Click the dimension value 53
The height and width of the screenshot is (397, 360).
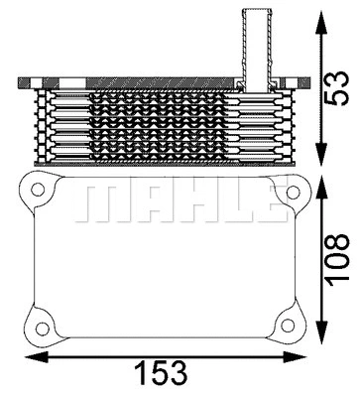pos(339,84)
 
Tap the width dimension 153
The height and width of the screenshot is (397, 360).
pos(162,373)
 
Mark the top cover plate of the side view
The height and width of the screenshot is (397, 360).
pos(159,80)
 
